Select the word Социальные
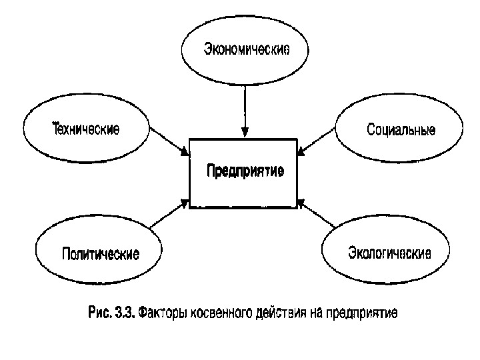[x=401, y=129]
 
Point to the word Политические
[x=101, y=254]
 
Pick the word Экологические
[x=390, y=253]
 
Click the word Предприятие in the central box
[x=245, y=171]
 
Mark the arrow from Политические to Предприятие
[x=169, y=215]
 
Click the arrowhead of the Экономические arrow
[x=245, y=132]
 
